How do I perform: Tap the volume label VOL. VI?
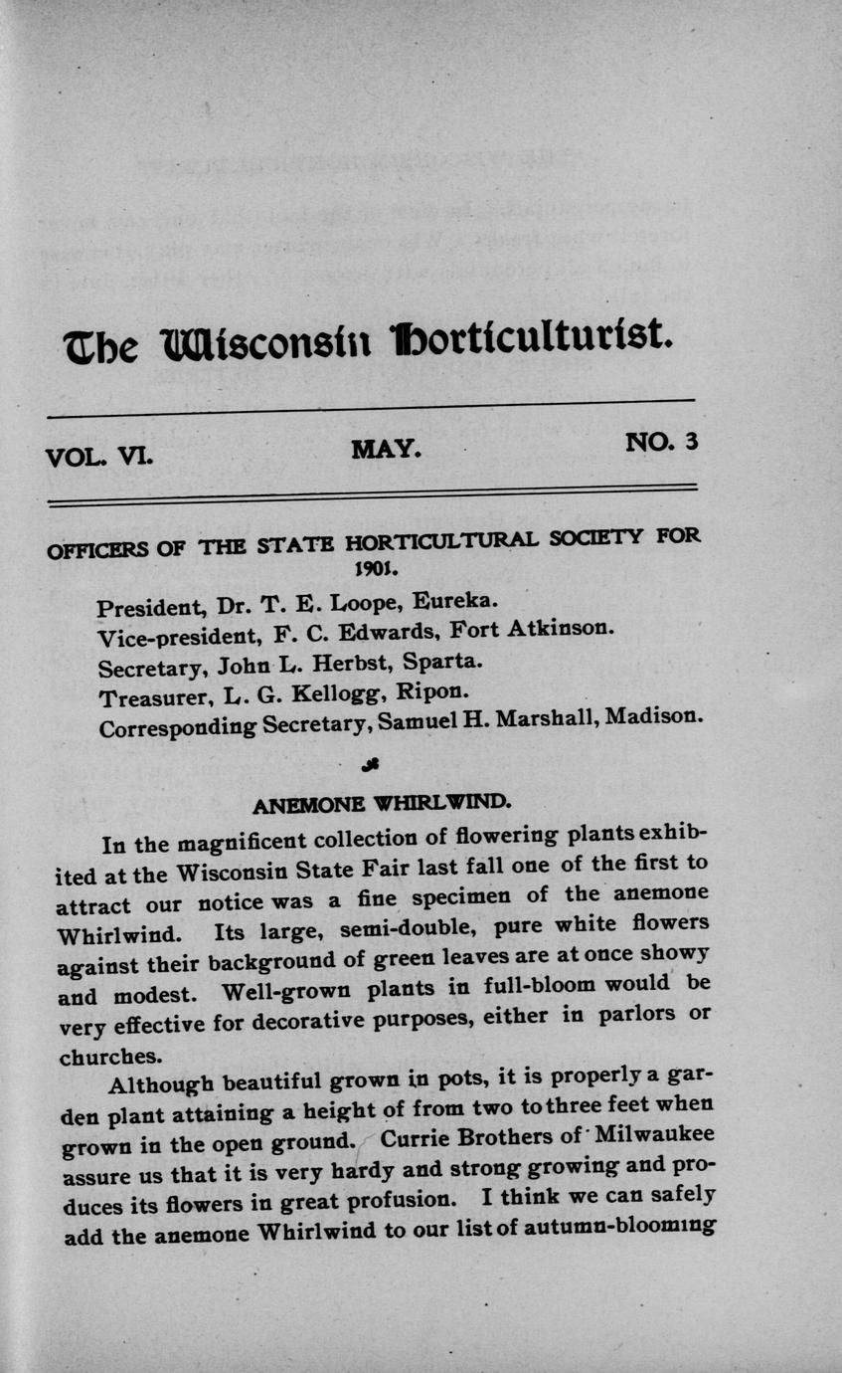[x=98, y=458]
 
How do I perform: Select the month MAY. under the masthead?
[x=387, y=450]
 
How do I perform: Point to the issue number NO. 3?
[x=661, y=442]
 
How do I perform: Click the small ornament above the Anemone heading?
[x=370, y=764]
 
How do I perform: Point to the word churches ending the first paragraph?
[x=109, y=1057]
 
